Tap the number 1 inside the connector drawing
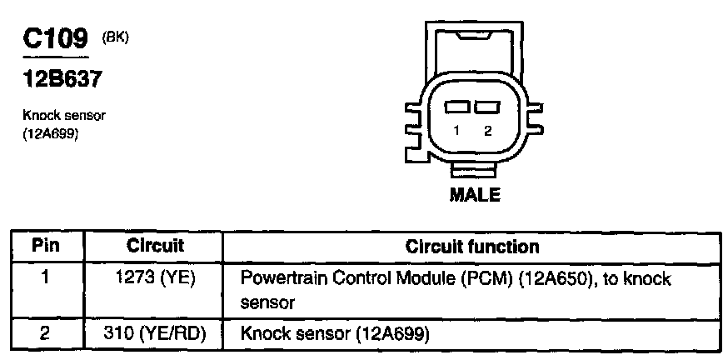pos(456,130)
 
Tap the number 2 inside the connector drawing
pos(487,130)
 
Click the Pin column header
pos(46,247)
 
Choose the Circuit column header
pos(155,247)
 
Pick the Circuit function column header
pos(471,247)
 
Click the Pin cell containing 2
pos(46,334)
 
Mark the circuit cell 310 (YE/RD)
pos(156,334)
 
